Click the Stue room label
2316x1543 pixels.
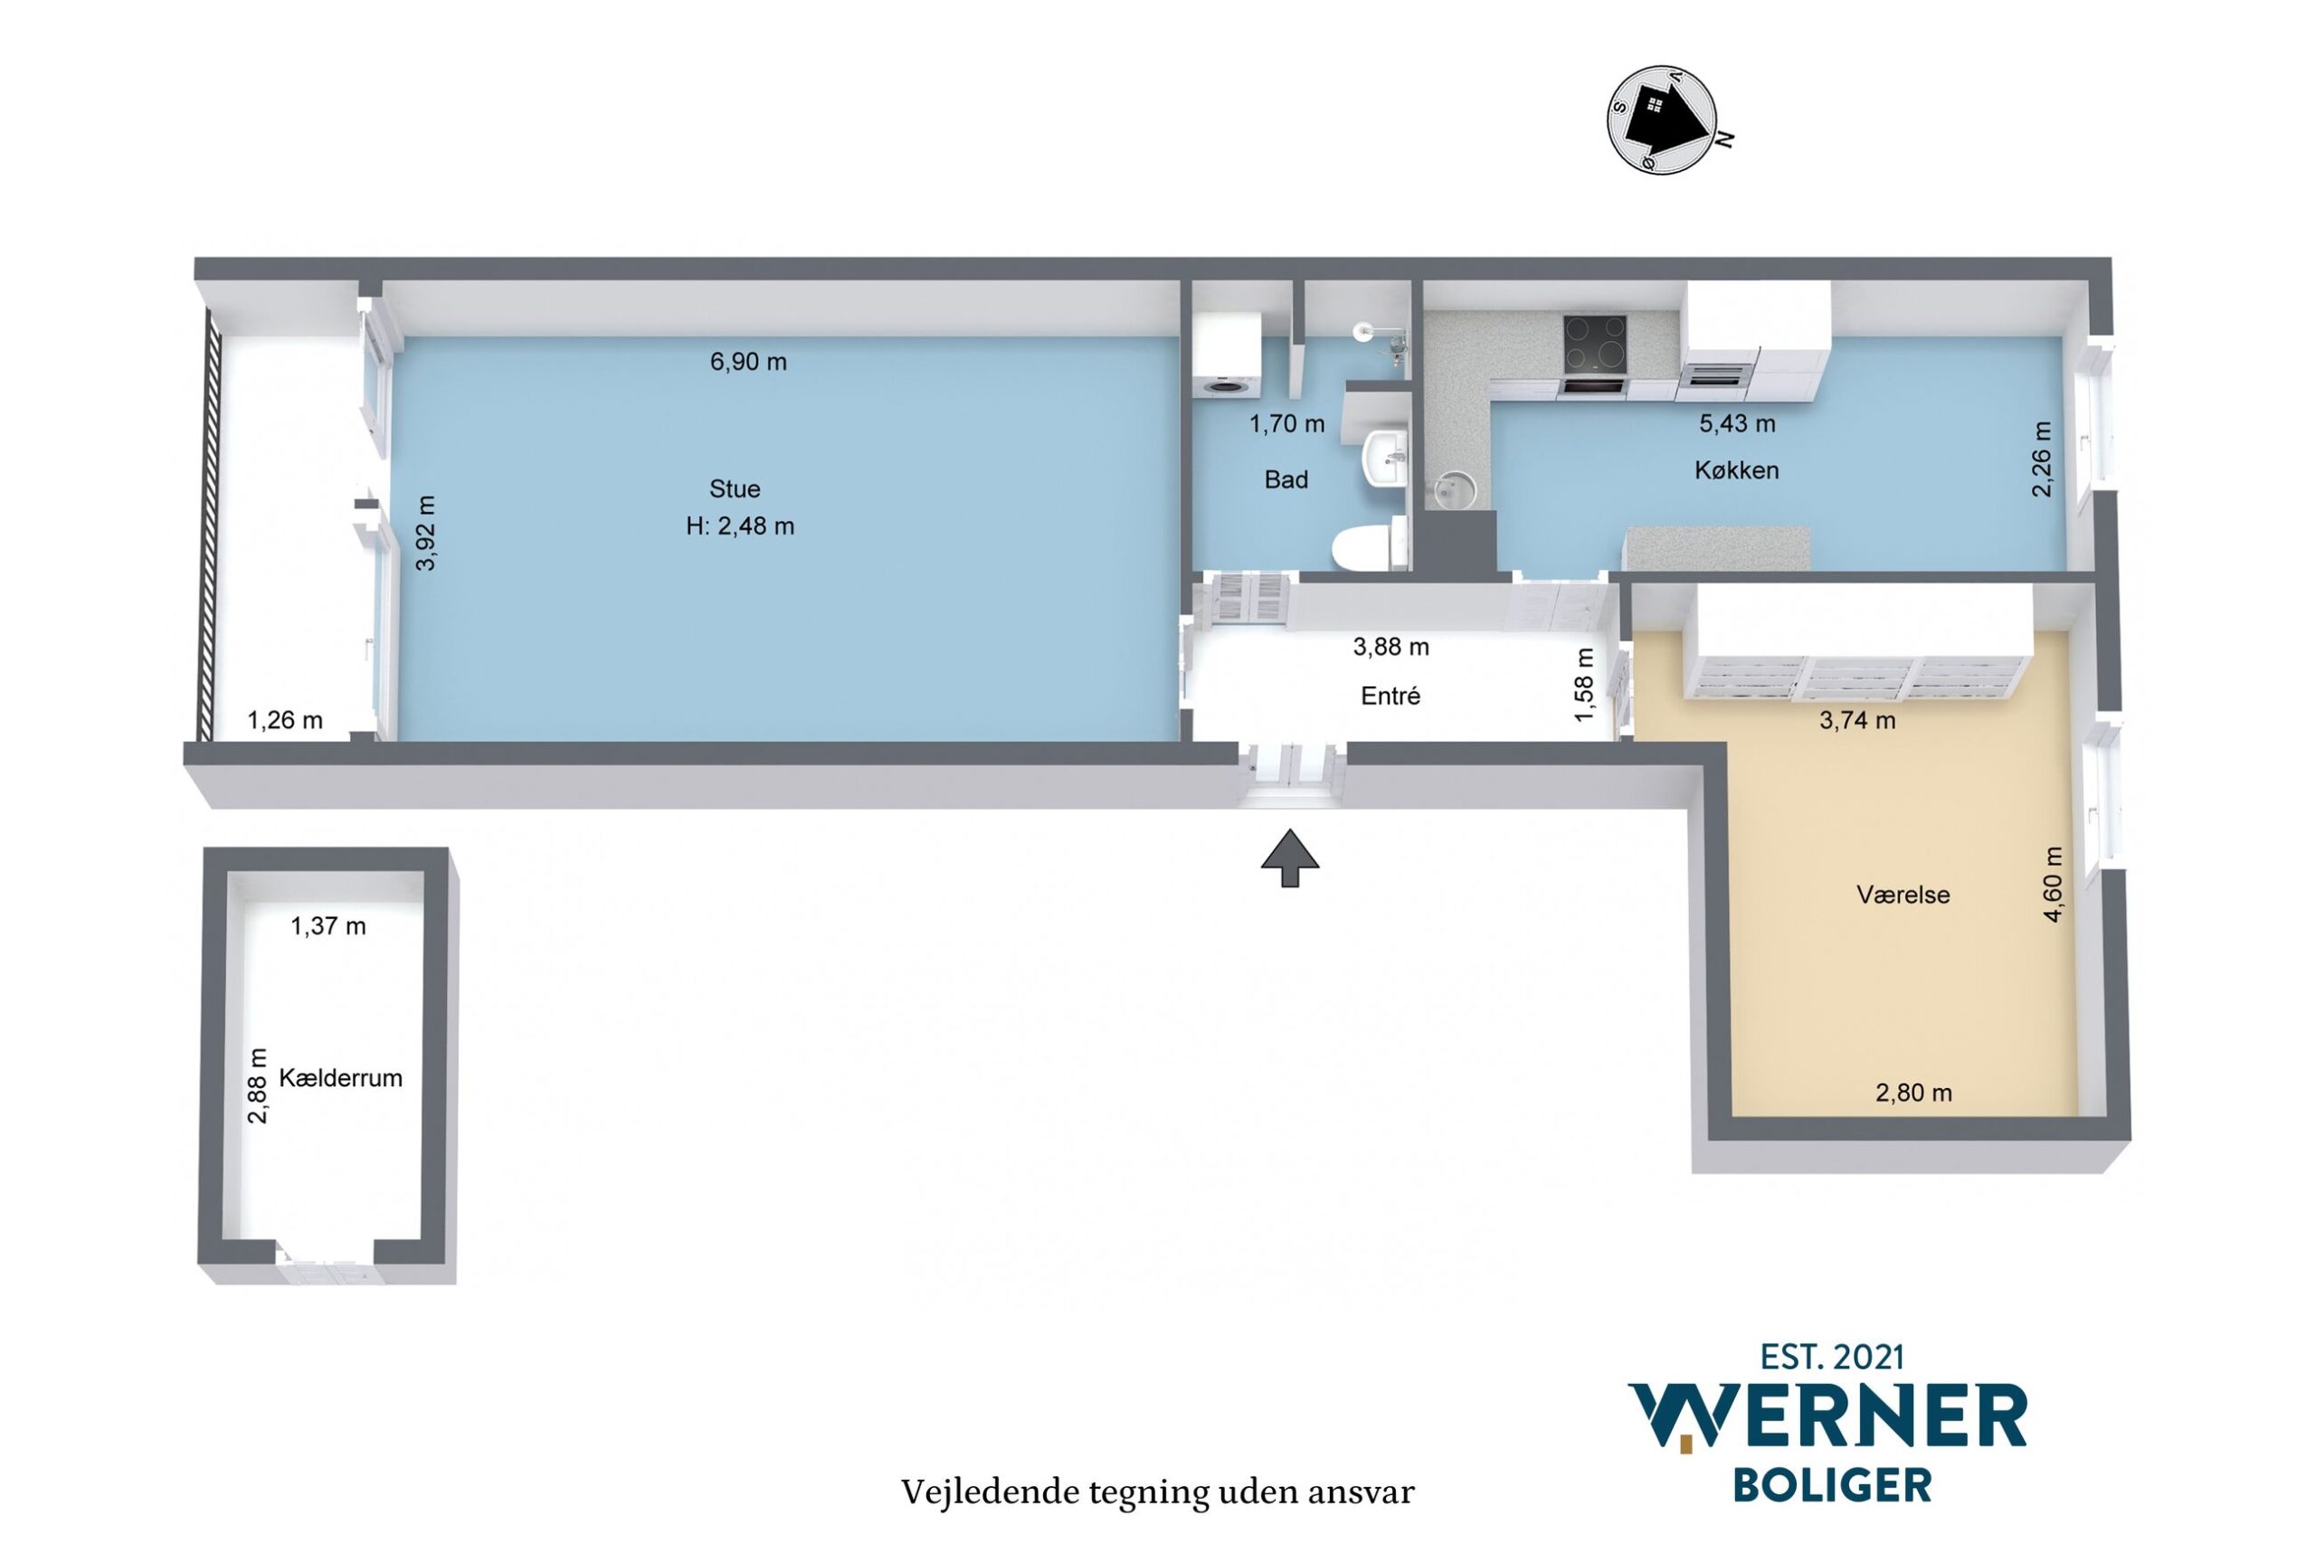(x=735, y=489)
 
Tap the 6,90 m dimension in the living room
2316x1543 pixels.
(x=748, y=362)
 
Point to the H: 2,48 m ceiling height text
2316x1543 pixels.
(x=740, y=526)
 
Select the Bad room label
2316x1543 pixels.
(x=1286, y=480)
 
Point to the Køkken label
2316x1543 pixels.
(x=1736, y=470)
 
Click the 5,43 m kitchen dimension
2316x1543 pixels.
(x=1737, y=424)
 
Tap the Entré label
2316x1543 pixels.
(x=1390, y=696)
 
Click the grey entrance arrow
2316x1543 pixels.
(x=1289, y=858)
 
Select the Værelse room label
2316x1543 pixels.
(x=1903, y=895)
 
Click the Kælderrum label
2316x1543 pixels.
(x=340, y=1077)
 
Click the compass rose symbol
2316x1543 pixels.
(x=1663, y=119)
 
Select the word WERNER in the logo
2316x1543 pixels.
(x=1828, y=1416)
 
